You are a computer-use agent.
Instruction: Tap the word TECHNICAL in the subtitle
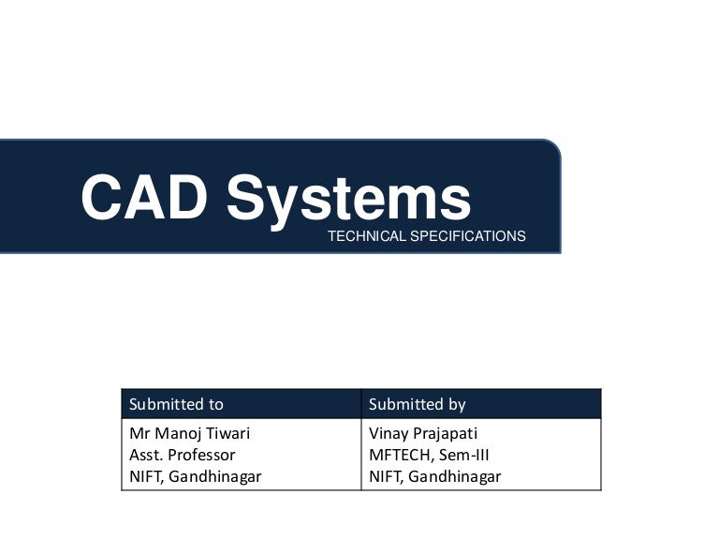360,237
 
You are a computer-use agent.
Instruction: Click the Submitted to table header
176,404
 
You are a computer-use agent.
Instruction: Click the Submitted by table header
417,404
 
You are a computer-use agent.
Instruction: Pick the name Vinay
388,433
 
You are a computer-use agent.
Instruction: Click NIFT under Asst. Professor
144,476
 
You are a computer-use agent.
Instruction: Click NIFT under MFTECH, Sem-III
384,476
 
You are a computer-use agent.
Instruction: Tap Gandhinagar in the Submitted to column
215,476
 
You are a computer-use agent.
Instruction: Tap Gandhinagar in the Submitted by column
455,476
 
